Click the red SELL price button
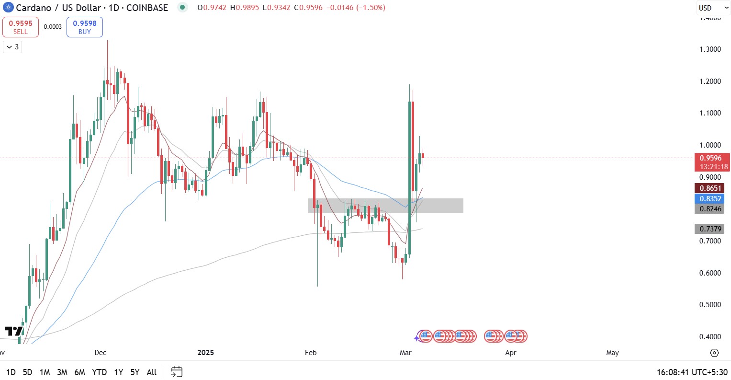click(21, 27)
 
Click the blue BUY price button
click(84, 27)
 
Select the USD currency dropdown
click(712, 8)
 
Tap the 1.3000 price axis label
click(710, 49)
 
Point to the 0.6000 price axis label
click(710, 273)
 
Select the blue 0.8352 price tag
click(710, 199)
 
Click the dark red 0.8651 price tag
click(710, 188)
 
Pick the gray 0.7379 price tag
click(710, 229)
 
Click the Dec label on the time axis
click(101, 353)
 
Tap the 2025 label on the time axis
click(206, 353)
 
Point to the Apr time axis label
click(511, 353)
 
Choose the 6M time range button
click(79, 372)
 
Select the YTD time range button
click(99, 372)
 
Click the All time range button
click(151, 372)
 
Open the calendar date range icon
click(177, 372)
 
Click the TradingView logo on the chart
click(13, 331)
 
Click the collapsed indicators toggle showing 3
click(12, 47)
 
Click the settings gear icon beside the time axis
click(714, 353)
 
